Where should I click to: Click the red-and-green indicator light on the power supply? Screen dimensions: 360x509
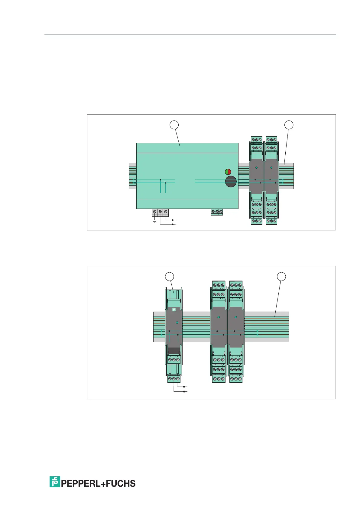click(228, 172)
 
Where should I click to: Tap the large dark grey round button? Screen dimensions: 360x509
click(231, 181)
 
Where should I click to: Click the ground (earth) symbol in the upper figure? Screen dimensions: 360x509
click(154, 221)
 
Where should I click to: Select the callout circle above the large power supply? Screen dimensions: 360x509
click(174, 125)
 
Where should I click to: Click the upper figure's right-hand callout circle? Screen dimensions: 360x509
click(289, 125)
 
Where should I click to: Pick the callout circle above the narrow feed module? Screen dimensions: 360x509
click(169, 277)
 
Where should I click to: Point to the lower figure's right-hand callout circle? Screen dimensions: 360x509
click(281, 277)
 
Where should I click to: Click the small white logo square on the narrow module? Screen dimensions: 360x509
click(174, 310)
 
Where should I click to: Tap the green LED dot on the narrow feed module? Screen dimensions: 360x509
click(177, 323)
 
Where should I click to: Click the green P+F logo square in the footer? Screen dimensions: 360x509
click(55, 482)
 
